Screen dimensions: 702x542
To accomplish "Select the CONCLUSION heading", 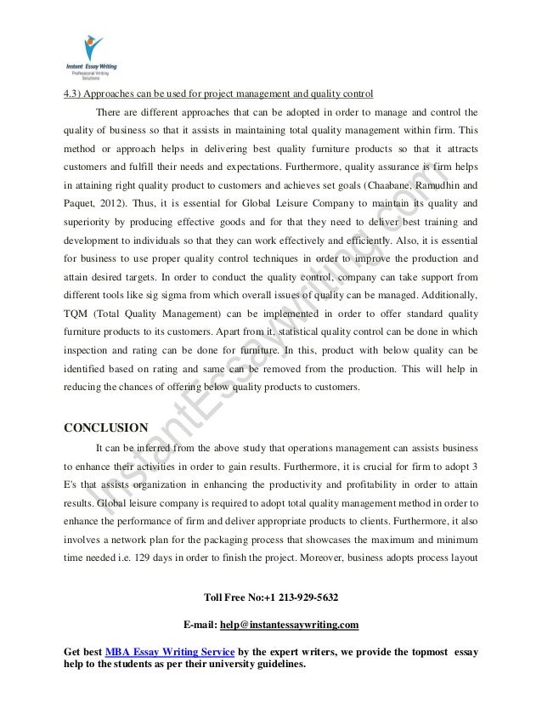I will pyautogui.click(x=107, y=426).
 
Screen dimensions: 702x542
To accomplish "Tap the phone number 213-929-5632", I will pyautogui.click(x=297, y=596).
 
